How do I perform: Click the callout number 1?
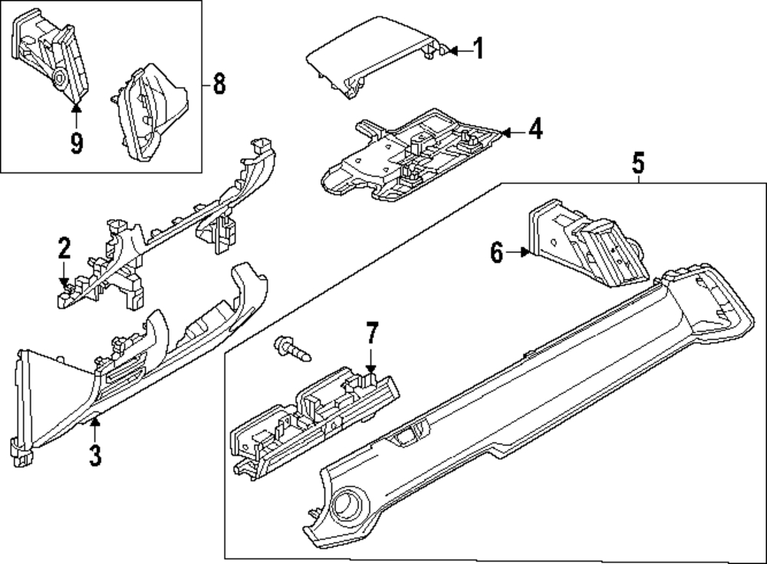click(x=479, y=48)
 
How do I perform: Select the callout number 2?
click(x=64, y=248)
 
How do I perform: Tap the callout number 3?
click(x=95, y=454)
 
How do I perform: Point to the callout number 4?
click(x=535, y=129)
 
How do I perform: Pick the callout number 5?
click(x=638, y=162)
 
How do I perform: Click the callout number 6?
click(x=497, y=253)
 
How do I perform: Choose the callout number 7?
click(x=372, y=333)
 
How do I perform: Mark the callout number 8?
click(x=219, y=83)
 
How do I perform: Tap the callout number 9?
click(x=76, y=143)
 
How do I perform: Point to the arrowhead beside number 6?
click(x=526, y=252)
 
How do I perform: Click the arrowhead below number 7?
click(x=371, y=369)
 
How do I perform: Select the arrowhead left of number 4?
click(x=506, y=132)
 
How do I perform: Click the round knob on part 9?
click(x=60, y=78)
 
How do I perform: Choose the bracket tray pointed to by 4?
click(x=411, y=156)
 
